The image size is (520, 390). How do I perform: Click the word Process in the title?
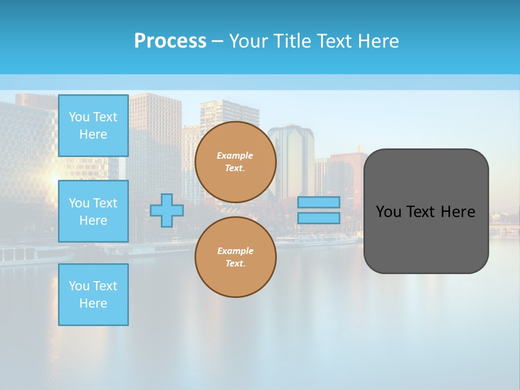pyautogui.click(x=170, y=41)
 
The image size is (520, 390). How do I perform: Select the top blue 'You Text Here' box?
pyautogui.click(x=93, y=126)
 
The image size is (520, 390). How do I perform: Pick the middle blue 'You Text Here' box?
pyautogui.click(x=93, y=211)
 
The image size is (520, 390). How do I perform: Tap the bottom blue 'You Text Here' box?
pyautogui.click(x=93, y=295)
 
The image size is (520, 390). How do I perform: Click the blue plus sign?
pyautogui.click(x=166, y=210)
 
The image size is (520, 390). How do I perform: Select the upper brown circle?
pyautogui.click(x=235, y=162)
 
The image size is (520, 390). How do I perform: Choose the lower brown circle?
pyautogui.click(x=235, y=257)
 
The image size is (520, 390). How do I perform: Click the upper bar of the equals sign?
pyautogui.click(x=318, y=202)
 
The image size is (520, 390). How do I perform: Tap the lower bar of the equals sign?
pyautogui.click(x=318, y=218)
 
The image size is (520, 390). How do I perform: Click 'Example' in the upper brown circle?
pyautogui.click(x=235, y=155)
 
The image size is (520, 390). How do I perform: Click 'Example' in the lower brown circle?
pyautogui.click(x=235, y=251)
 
